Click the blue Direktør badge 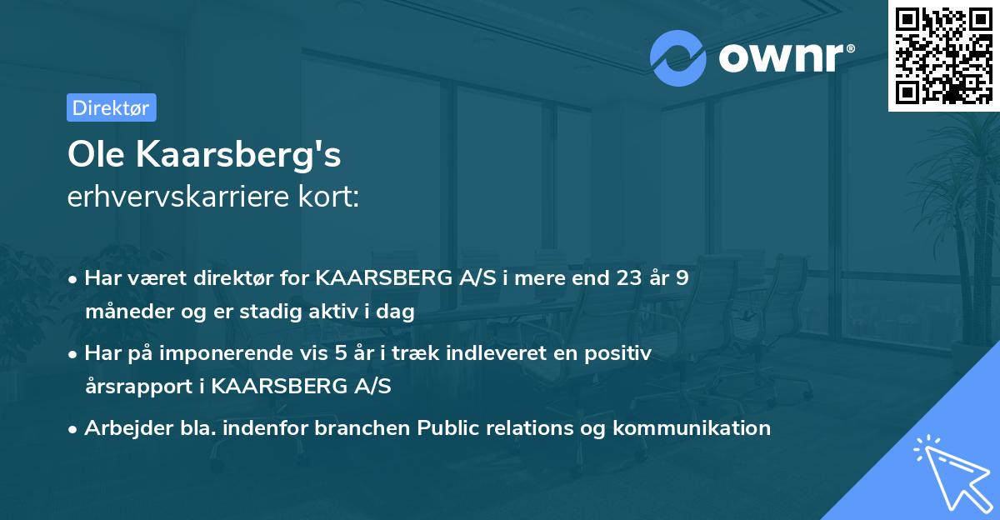pyautogui.click(x=111, y=107)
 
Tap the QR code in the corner pyautogui.click(x=943, y=56)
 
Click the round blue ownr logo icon pyautogui.click(x=678, y=57)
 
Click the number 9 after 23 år pyautogui.click(x=682, y=277)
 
